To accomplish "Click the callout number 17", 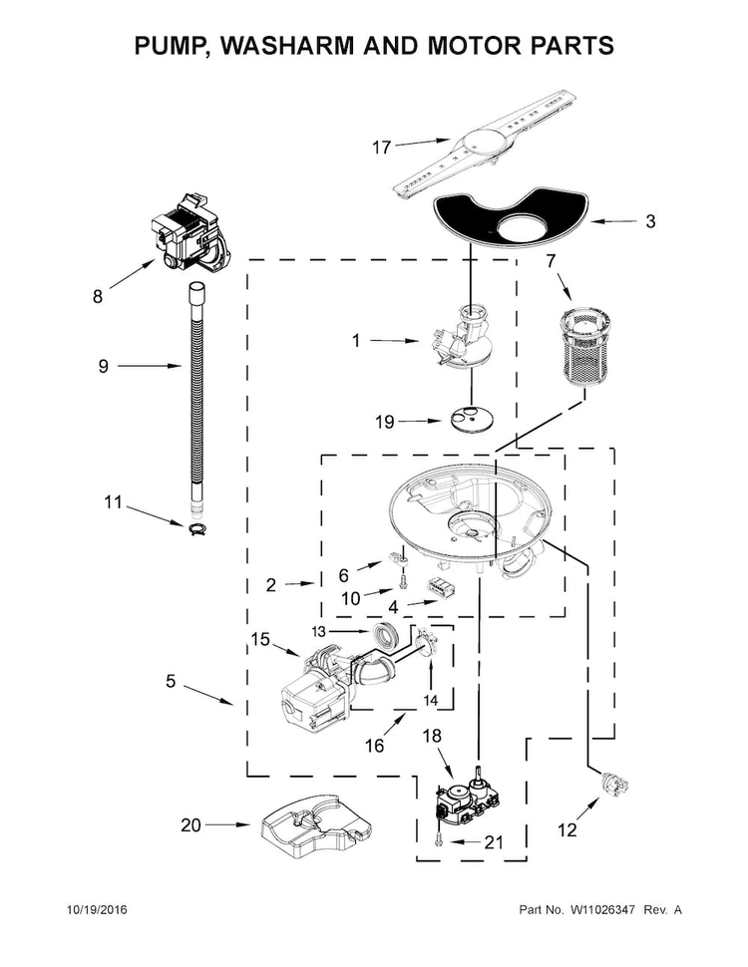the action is click(381, 148).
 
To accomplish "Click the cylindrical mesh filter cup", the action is click(582, 347).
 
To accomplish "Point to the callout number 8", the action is click(98, 297).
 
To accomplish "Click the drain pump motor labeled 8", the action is click(187, 232).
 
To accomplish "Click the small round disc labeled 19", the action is click(472, 419).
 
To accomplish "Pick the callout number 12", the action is click(566, 830).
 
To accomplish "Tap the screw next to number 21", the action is click(438, 837).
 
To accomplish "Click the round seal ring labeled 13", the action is click(388, 636).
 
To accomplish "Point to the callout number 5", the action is click(171, 682).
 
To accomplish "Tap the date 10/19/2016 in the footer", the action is click(97, 909).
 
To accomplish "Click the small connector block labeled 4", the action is click(441, 588).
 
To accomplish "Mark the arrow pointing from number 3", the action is click(613, 221).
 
